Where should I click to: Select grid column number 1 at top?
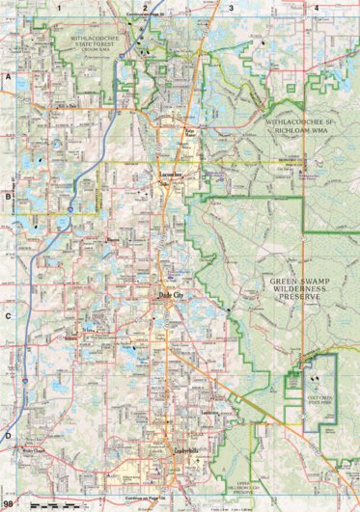pos(59,7)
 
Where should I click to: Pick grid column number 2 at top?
pos(145,7)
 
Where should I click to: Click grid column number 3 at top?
pos(231,7)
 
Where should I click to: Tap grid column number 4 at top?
pos(317,7)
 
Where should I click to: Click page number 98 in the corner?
pos(9,503)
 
